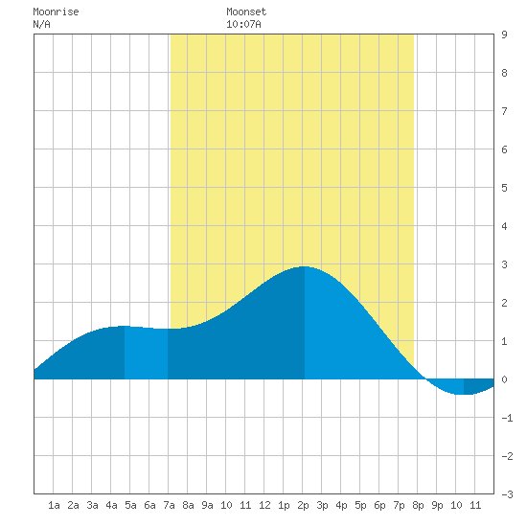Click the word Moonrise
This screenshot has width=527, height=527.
[56, 11]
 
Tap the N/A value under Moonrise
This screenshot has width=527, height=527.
[41, 24]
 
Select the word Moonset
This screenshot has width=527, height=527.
[246, 11]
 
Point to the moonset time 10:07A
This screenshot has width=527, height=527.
[243, 24]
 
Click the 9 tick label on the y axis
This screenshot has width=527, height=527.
[504, 34]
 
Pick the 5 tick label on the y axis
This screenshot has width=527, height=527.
[504, 188]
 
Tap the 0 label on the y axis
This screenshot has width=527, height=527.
[504, 379]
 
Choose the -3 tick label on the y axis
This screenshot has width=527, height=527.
[507, 494]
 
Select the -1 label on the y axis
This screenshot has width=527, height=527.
[507, 418]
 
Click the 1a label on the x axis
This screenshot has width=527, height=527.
[54, 505]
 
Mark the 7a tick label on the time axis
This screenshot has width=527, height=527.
[169, 505]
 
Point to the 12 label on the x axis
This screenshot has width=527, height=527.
[264, 505]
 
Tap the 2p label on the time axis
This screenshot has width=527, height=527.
[303, 505]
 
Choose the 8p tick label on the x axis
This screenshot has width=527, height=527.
[418, 505]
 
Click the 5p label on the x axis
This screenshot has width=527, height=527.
[360, 505]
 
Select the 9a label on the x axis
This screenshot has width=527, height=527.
[207, 505]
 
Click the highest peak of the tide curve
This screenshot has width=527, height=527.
[304, 266]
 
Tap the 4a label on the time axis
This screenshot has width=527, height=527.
[111, 505]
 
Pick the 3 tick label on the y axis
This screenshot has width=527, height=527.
[504, 264]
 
